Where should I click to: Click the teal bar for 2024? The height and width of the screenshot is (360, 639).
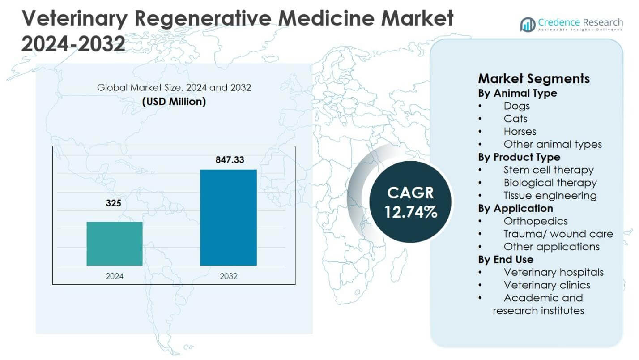pyautogui.click(x=115, y=244)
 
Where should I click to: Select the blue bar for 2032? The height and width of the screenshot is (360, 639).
pyautogui.click(x=228, y=218)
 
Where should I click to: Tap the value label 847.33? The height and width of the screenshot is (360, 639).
pyautogui.click(x=229, y=159)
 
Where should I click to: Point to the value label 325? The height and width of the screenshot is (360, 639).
pyautogui.click(x=113, y=204)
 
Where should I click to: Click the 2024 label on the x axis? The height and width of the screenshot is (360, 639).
pyautogui.click(x=115, y=276)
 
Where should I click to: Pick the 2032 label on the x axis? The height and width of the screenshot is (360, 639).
pyautogui.click(x=229, y=276)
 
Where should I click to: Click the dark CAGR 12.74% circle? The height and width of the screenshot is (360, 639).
pyautogui.click(x=410, y=202)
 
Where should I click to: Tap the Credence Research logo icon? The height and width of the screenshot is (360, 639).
pyautogui.click(x=528, y=25)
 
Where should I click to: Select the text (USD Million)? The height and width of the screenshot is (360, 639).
pyautogui.click(x=174, y=102)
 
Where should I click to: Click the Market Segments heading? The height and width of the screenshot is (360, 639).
pyautogui.click(x=534, y=79)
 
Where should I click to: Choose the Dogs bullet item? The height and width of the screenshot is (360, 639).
pyautogui.click(x=516, y=106)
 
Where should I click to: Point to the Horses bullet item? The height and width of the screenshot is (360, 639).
pyautogui.click(x=520, y=132)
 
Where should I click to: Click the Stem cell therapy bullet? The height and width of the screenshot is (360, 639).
pyautogui.click(x=548, y=170)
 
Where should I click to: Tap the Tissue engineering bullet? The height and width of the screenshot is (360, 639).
pyautogui.click(x=550, y=196)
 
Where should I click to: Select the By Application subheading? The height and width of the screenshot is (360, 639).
pyautogui.click(x=515, y=209)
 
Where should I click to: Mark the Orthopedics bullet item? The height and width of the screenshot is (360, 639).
pyautogui.click(x=535, y=221)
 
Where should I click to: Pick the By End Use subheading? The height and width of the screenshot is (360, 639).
pyautogui.click(x=506, y=260)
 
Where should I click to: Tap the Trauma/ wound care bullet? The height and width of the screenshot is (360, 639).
pyautogui.click(x=558, y=234)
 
